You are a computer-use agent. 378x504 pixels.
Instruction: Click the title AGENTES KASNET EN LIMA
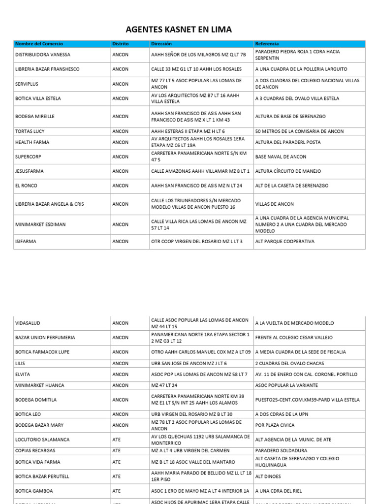pos(189,30)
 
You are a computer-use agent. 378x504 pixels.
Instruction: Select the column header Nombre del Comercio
pos(39,44)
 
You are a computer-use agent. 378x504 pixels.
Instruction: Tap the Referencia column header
pos(267,44)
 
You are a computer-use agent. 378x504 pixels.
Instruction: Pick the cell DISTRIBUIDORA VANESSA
pos(43,55)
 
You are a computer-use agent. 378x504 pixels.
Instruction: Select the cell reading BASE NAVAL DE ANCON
pos(281,157)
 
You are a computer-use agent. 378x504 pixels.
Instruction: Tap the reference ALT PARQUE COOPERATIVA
pos(284,242)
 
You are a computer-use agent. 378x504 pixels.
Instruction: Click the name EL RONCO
pos(27,186)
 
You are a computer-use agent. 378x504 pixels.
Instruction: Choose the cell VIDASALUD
pos(28,323)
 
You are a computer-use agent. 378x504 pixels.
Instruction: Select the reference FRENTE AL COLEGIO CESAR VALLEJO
pos(294,338)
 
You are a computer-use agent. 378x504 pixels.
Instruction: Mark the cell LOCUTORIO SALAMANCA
pos(42,440)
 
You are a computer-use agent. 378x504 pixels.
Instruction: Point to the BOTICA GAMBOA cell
pos(34,491)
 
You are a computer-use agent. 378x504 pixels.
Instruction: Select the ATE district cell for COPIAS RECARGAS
pos(117,450)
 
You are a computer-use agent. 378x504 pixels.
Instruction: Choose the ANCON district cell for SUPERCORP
pos(120,157)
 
